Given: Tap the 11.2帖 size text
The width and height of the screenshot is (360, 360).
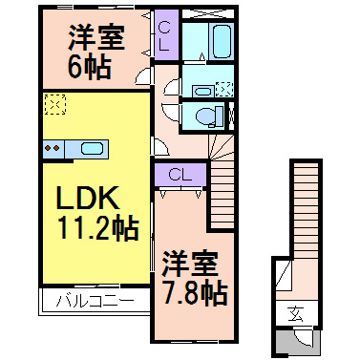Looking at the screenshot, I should (x=92, y=228).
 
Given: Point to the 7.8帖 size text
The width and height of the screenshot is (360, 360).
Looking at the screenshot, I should (x=194, y=290).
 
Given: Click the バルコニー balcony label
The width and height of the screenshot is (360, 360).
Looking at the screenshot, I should (x=93, y=303).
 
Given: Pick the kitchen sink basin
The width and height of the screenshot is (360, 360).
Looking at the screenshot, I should (x=93, y=148).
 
